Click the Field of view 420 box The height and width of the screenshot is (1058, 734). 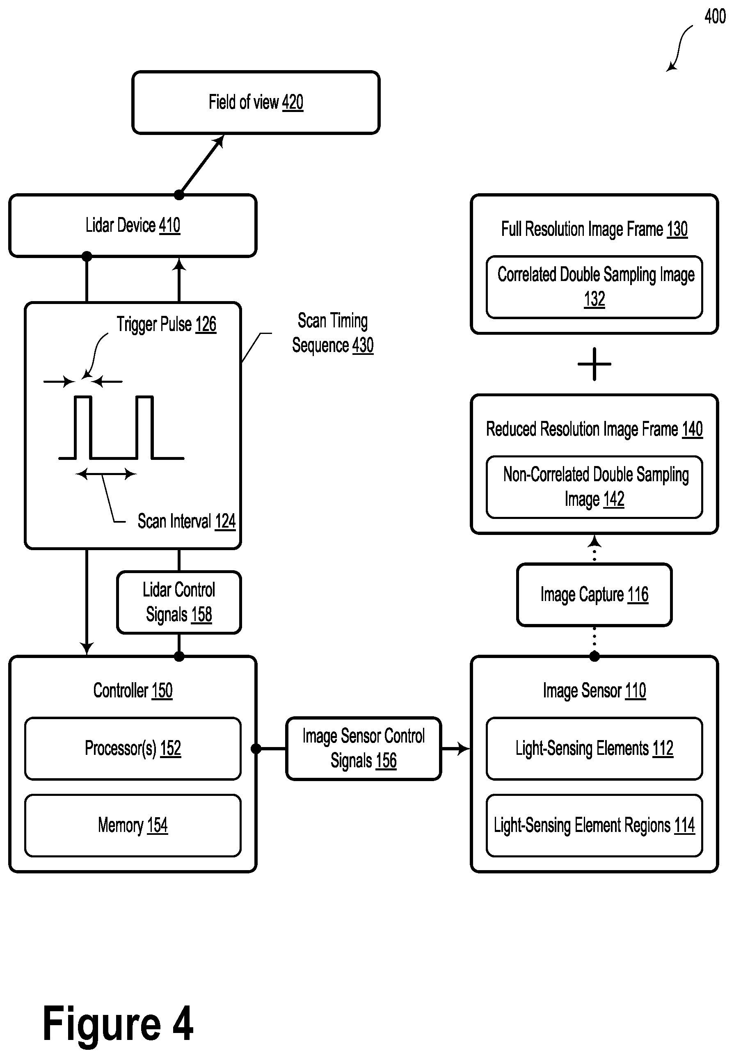(x=256, y=102)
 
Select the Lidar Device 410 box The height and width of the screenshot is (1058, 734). (x=133, y=225)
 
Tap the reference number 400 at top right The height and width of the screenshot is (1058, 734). (x=715, y=16)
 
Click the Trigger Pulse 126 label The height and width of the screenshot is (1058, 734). (x=166, y=324)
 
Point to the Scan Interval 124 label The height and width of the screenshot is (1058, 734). (x=186, y=521)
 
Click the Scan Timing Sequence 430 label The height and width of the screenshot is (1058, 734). (x=332, y=333)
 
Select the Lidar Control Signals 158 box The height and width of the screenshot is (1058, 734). (x=179, y=602)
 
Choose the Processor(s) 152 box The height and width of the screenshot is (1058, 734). (x=133, y=749)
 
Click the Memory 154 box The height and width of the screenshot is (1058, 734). (x=133, y=825)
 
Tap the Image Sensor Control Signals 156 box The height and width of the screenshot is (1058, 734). (x=364, y=749)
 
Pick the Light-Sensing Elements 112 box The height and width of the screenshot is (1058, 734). (x=594, y=749)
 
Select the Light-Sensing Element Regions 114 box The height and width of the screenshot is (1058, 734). (x=594, y=825)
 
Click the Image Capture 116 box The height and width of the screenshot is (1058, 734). (x=594, y=594)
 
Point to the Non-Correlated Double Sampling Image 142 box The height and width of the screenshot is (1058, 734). (x=594, y=487)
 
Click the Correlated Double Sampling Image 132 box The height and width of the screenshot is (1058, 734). (x=594, y=287)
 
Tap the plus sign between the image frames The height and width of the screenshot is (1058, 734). (x=594, y=364)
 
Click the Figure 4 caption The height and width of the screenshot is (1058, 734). (x=118, y=1023)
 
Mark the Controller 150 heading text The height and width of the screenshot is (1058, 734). (x=133, y=690)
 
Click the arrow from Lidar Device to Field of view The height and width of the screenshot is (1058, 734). (x=201, y=165)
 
